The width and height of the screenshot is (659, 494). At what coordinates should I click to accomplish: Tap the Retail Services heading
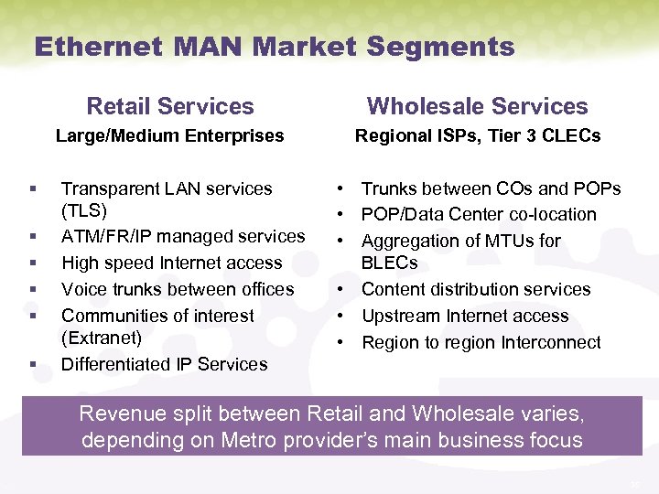tap(169, 106)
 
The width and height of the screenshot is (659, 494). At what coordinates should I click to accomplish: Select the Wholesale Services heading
tap(477, 106)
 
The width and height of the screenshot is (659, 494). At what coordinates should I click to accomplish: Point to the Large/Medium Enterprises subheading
tap(169, 136)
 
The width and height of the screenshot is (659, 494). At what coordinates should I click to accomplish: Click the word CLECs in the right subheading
tap(569, 136)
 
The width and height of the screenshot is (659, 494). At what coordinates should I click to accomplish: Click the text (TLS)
tap(84, 210)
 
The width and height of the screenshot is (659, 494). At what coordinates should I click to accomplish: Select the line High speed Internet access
tap(171, 263)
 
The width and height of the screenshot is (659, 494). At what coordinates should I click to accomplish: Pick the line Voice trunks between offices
tap(178, 289)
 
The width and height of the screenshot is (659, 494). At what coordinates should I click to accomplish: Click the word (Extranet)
tap(102, 338)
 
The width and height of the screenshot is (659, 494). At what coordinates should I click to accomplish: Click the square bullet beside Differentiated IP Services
tap(32, 364)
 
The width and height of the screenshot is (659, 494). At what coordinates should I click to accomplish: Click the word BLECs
tap(390, 263)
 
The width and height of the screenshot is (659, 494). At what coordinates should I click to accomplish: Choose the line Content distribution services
tap(476, 289)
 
